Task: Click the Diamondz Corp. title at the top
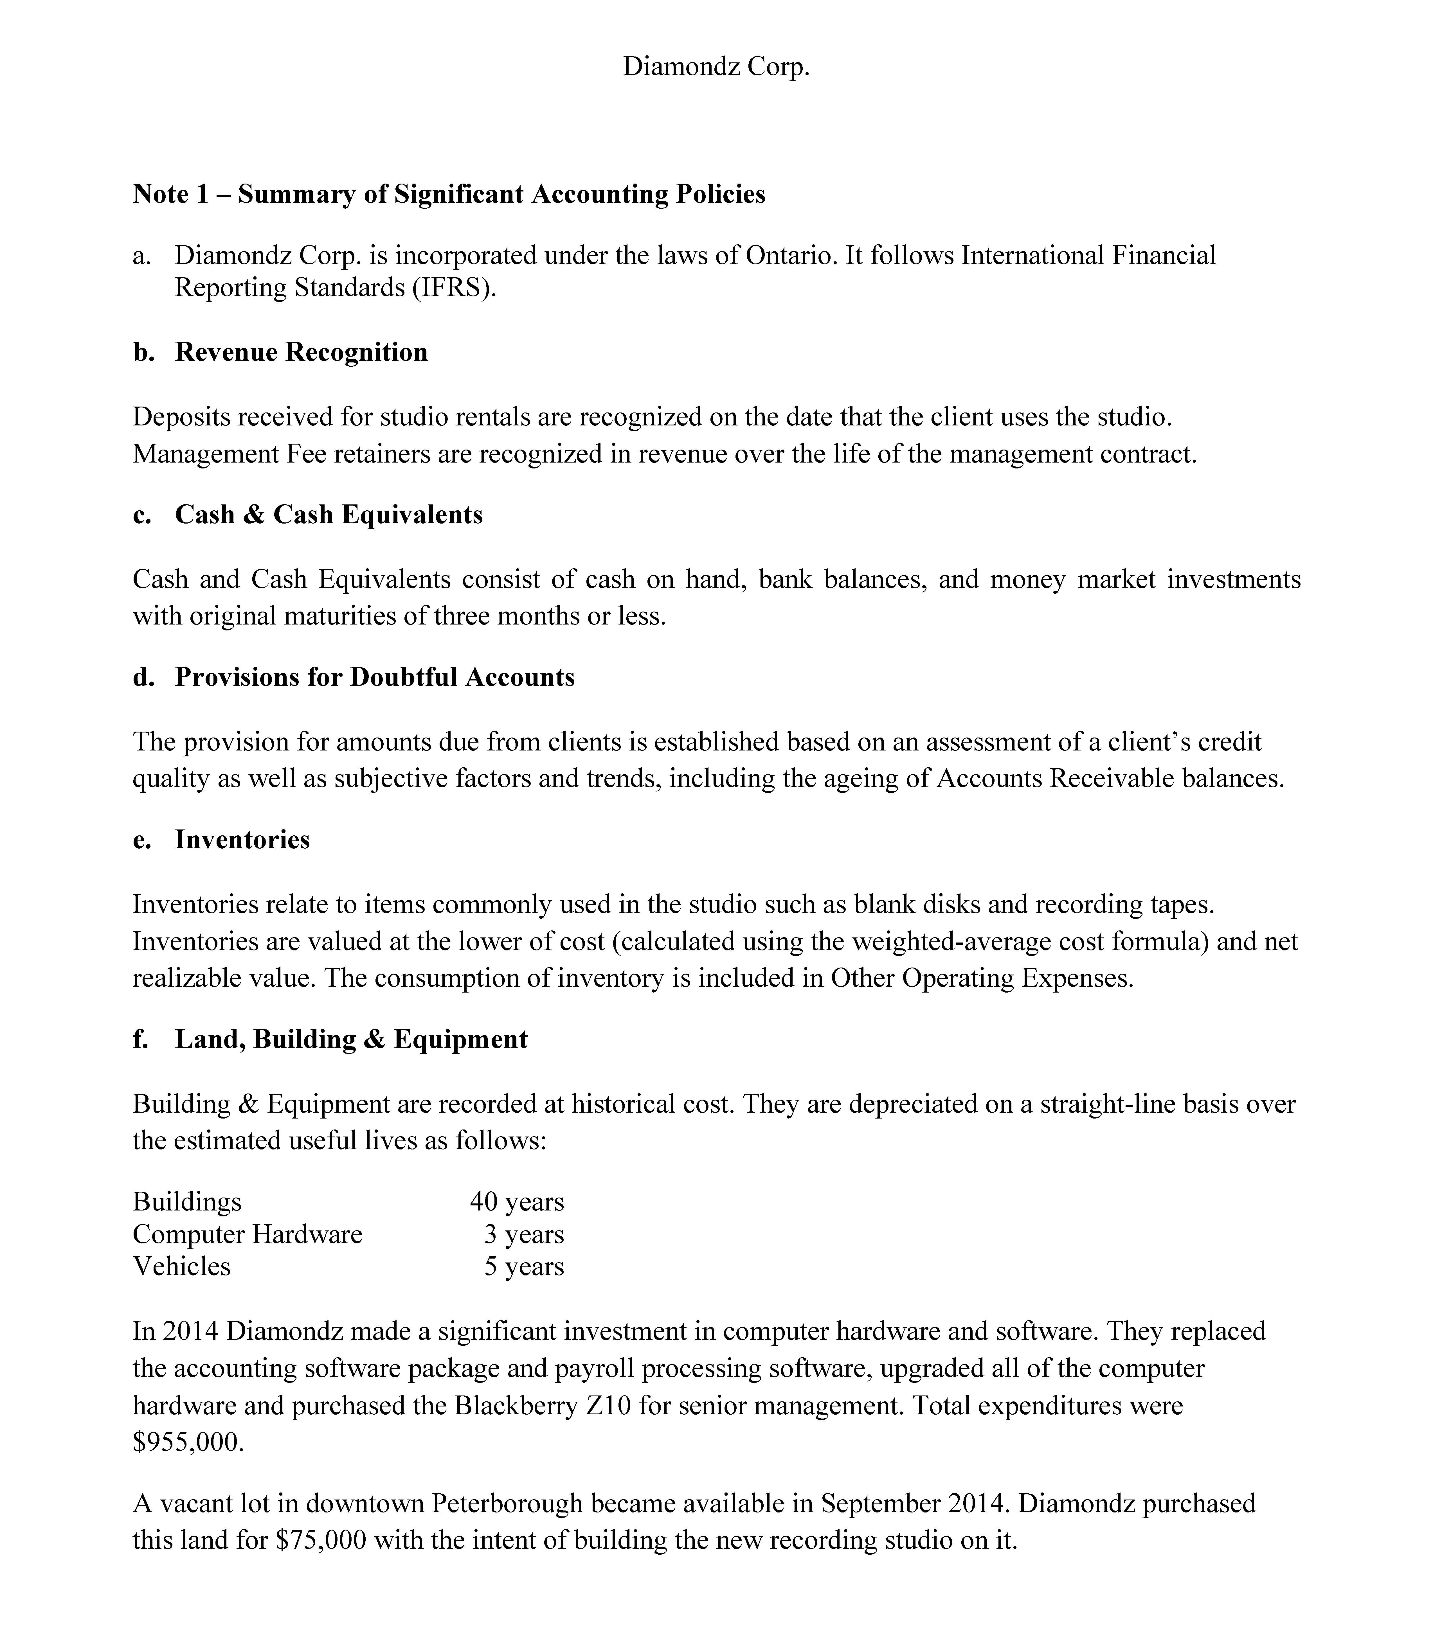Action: (716, 66)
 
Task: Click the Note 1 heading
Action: (448, 194)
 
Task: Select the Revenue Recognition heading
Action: (301, 352)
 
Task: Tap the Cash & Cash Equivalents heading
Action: (329, 514)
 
